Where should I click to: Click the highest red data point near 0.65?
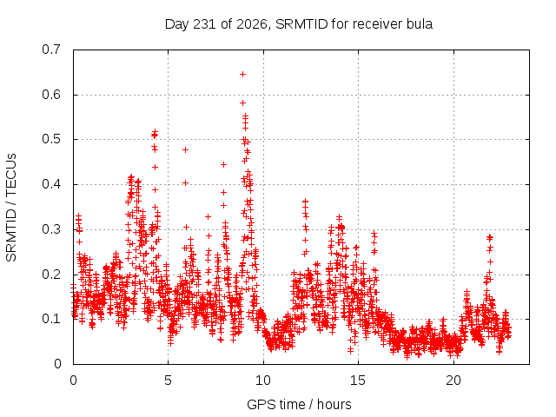click(x=243, y=75)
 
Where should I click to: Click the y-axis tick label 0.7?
click(x=51, y=50)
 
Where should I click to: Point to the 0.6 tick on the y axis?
click(x=51, y=95)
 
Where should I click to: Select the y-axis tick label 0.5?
click(x=51, y=139)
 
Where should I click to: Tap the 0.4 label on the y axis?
click(x=51, y=184)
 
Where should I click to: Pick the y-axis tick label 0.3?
click(x=51, y=229)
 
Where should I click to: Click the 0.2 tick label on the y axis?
click(x=51, y=275)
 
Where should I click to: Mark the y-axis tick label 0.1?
click(x=51, y=319)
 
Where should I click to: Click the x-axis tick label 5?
click(x=168, y=381)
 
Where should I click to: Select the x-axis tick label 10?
click(x=263, y=381)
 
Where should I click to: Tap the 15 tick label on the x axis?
click(x=358, y=381)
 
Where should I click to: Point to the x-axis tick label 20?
click(x=453, y=381)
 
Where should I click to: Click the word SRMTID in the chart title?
click(x=301, y=24)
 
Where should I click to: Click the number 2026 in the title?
click(x=251, y=24)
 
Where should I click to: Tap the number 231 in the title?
click(x=204, y=24)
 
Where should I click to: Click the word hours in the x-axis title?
click(x=334, y=405)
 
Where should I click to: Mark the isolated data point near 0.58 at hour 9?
click(x=243, y=103)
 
